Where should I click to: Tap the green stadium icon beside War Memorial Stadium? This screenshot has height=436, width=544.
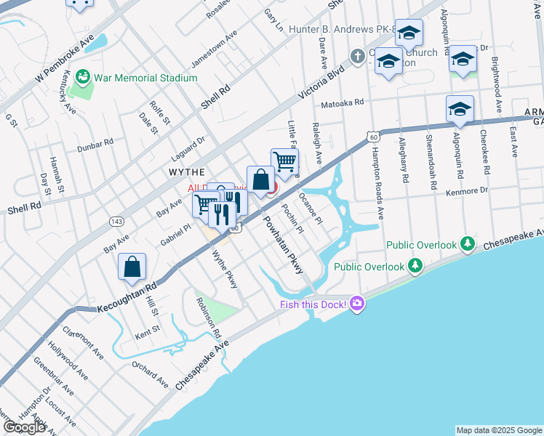tap(84, 76)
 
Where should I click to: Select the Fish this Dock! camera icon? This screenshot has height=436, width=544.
tap(356, 303)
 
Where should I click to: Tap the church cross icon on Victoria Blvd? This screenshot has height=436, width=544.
tap(357, 55)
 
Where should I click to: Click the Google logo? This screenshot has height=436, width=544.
tap(25, 427)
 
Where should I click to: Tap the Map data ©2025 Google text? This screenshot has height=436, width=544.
tap(498, 430)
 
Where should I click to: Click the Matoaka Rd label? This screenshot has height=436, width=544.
tap(341, 103)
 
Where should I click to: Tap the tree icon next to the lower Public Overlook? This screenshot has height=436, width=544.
tap(415, 267)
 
